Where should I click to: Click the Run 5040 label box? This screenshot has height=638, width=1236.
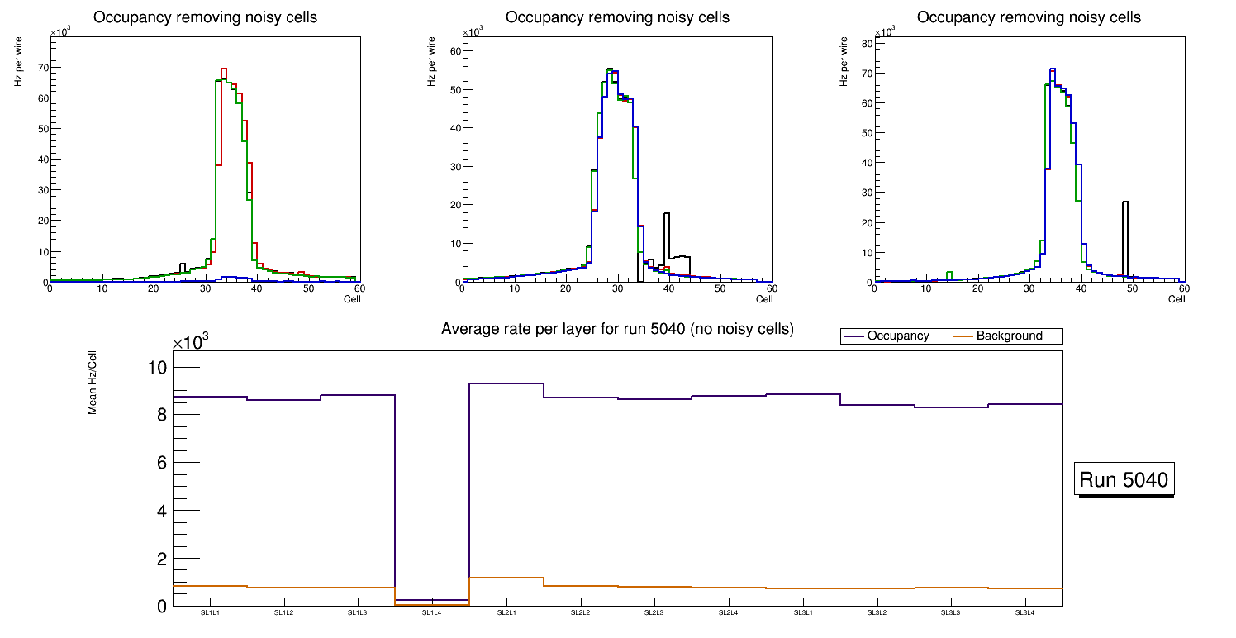pyautogui.click(x=1124, y=480)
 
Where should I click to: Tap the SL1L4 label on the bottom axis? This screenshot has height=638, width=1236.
pyautogui.click(x=431, y=612)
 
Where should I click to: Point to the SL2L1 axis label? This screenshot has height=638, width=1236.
pyautogui.click(x=506, y=612)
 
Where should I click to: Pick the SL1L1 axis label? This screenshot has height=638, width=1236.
pyautogui.click(x=210, y=612)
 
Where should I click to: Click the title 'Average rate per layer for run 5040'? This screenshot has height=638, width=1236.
pyautogui.click(x=617, y=329)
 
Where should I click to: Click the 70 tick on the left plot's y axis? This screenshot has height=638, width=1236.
pyautogui.click(x=42, y=68)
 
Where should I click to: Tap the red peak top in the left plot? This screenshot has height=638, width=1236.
pyautogui.click(x=224, y=69)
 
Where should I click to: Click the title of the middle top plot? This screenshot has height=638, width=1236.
pyautogui.click(x=617, y=17)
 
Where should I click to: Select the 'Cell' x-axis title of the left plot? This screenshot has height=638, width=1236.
pyautogui.click(x=352, y=299)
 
